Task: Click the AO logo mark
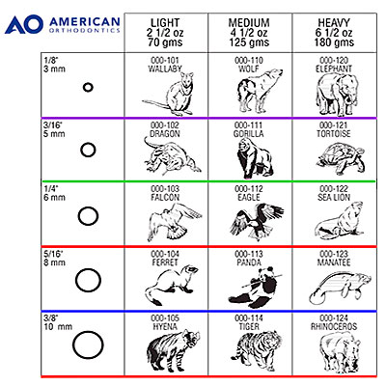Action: (x=24, y=24)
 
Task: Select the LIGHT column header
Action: (x=165, y=32)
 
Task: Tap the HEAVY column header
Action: (x=334, y=32)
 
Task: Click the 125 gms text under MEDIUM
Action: (x=249, y=42)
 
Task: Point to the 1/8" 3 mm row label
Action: (x=55, y=65)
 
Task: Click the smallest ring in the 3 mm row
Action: (x=83, y=87)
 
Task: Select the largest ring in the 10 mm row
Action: (x=73, y=345)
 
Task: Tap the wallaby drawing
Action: (x=169, y=94)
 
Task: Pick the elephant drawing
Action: (x=337, y=94)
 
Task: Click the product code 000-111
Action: (x=248, y=125)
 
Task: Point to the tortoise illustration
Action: (x=341, y=158)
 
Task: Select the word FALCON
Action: (x=165, y=197)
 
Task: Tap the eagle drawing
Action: (x=257, y=222)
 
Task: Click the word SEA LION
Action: (x=334, y=197)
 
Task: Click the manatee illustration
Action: (x=341, y=288)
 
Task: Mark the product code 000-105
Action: (x=165, y=318)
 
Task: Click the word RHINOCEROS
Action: (x=334, y=326)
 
